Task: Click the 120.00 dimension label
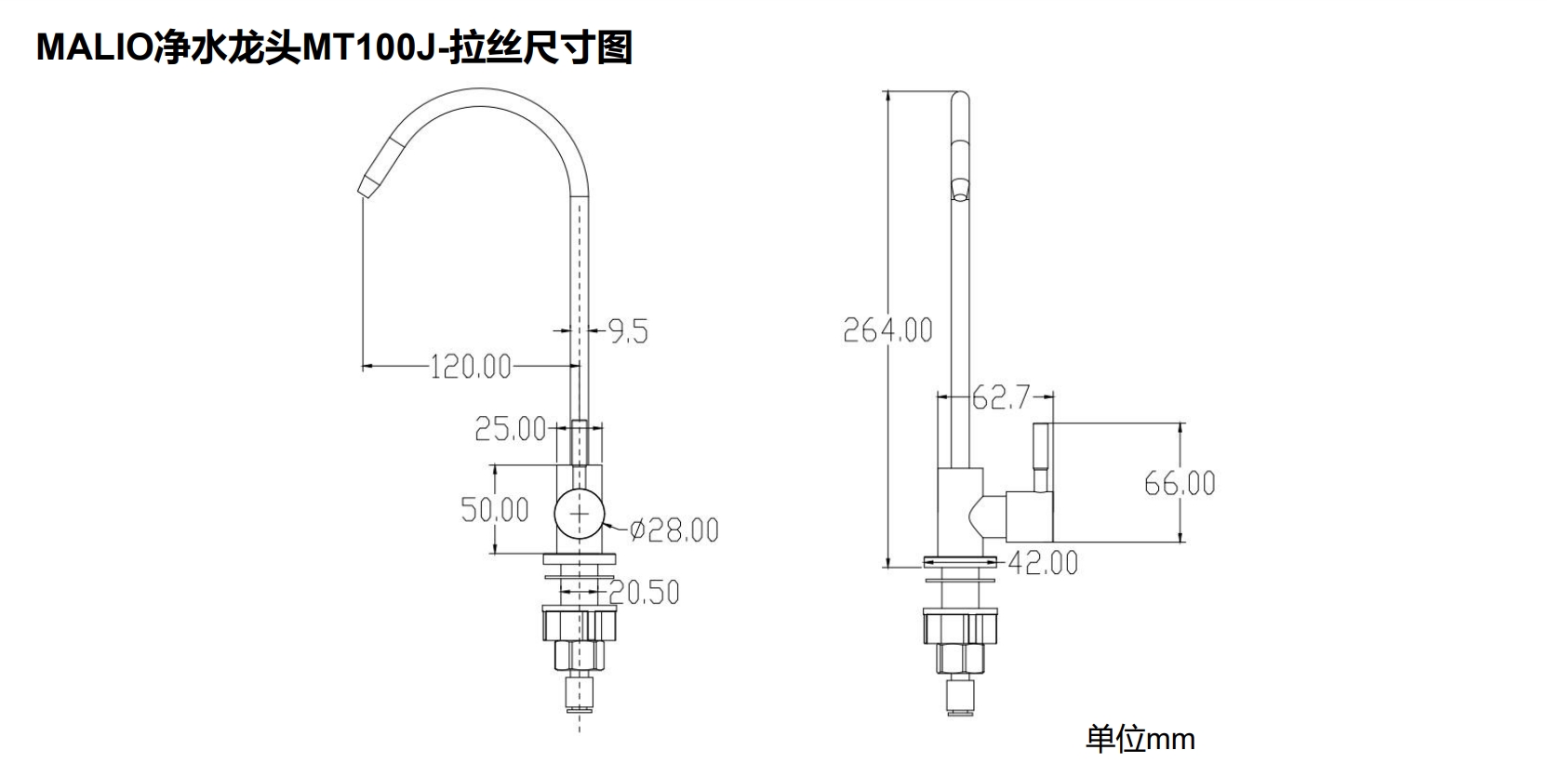pos(471,367)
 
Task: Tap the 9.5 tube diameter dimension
pos(628,330)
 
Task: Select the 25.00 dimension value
pos(510,429)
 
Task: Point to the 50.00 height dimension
pos(495,509)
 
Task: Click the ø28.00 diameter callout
pos(674,530)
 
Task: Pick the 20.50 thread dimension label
pos(645,593)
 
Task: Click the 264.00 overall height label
pos(887,329)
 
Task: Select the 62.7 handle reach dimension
pos(1001,398)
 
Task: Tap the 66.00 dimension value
pos(1180,483)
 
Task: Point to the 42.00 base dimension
pos(1043,563)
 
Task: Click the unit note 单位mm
pos(1140,740)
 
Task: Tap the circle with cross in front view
pos(579,514)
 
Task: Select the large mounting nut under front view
pos(580,623)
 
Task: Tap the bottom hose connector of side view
pos(959,694)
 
